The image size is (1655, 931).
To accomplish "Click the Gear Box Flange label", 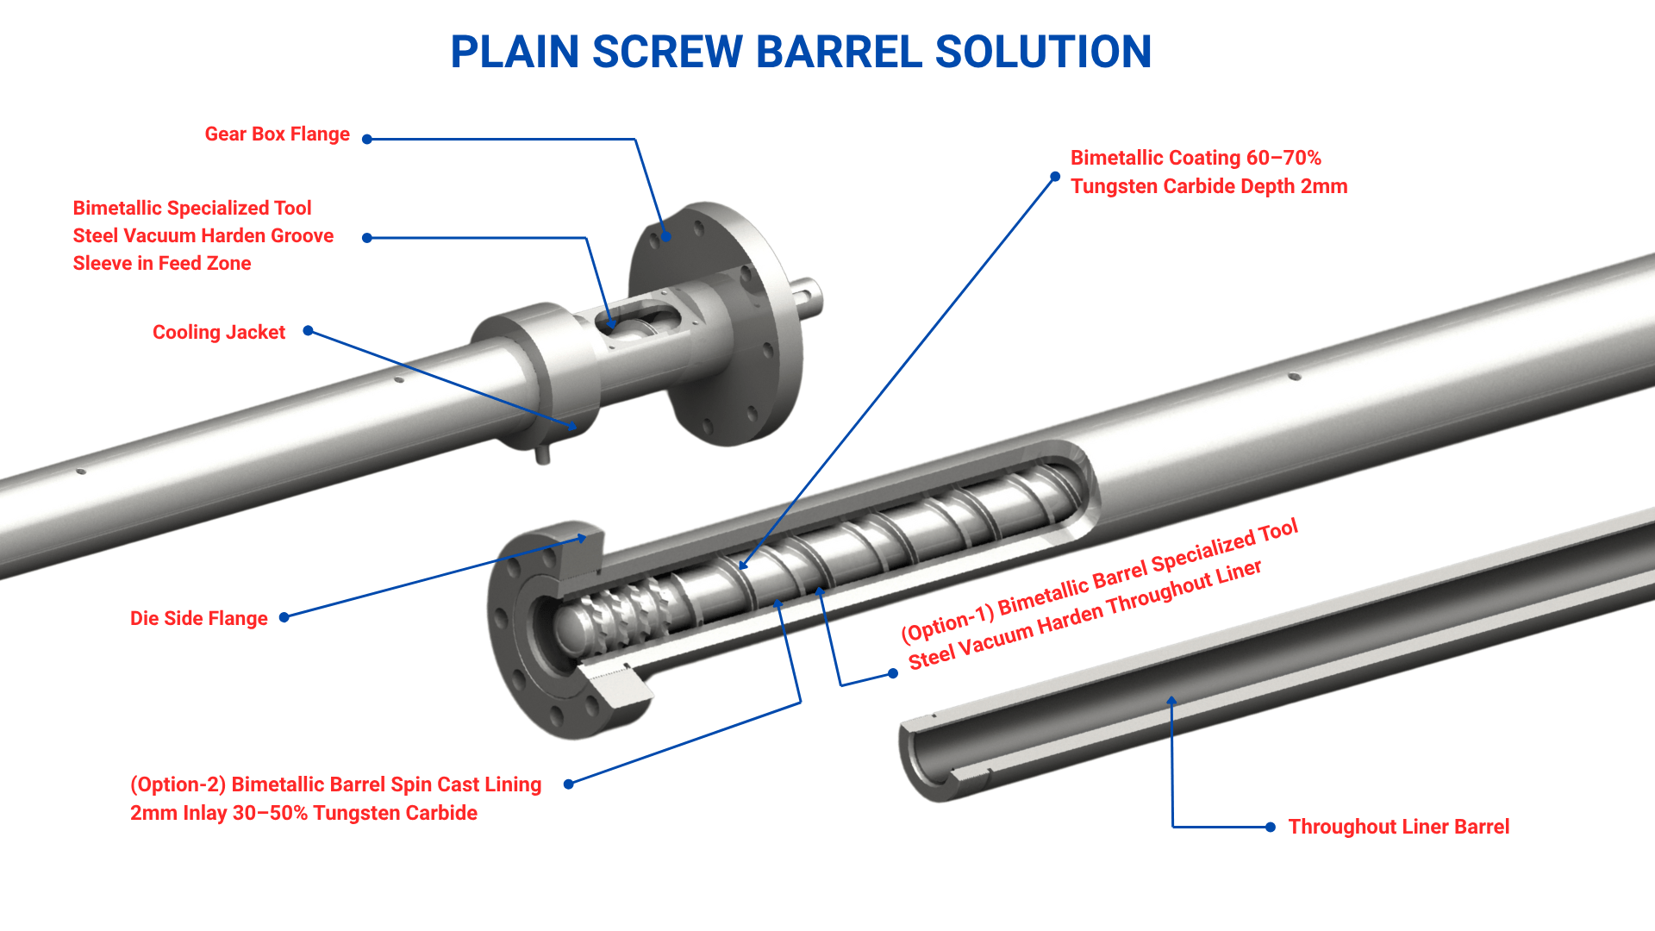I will click(277, 134).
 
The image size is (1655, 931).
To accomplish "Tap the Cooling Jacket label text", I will click(218, 333).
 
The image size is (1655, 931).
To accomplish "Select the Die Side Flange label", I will click(198, 619).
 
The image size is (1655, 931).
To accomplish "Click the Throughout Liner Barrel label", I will click(1398, 828).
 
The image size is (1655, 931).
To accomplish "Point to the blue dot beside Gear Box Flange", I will click(367, 139).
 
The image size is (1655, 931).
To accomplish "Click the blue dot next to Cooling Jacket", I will click(308, 331).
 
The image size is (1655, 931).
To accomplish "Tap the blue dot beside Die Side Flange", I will click(284, 617).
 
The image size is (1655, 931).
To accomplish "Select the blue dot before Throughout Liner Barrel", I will click(1271, 828).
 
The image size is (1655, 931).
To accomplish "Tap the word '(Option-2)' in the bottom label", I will click(178, 785).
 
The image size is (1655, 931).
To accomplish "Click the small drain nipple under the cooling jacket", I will click(542, 453).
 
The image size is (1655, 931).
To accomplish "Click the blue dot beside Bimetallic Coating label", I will click(1055, 177).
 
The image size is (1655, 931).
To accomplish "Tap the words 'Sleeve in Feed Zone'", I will click(162, 264).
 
